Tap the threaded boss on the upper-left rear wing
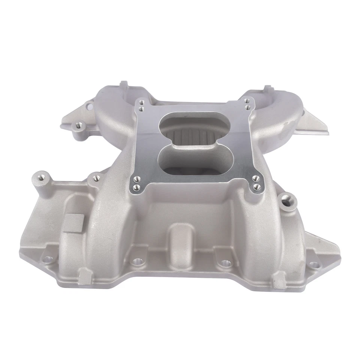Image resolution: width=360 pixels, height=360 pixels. pos(79,125)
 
